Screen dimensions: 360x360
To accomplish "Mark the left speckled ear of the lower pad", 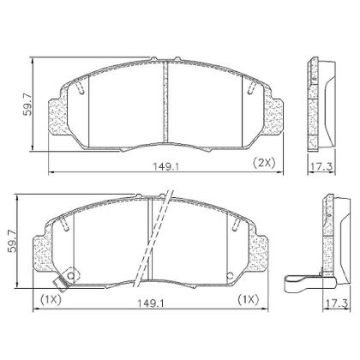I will point(43,252).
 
